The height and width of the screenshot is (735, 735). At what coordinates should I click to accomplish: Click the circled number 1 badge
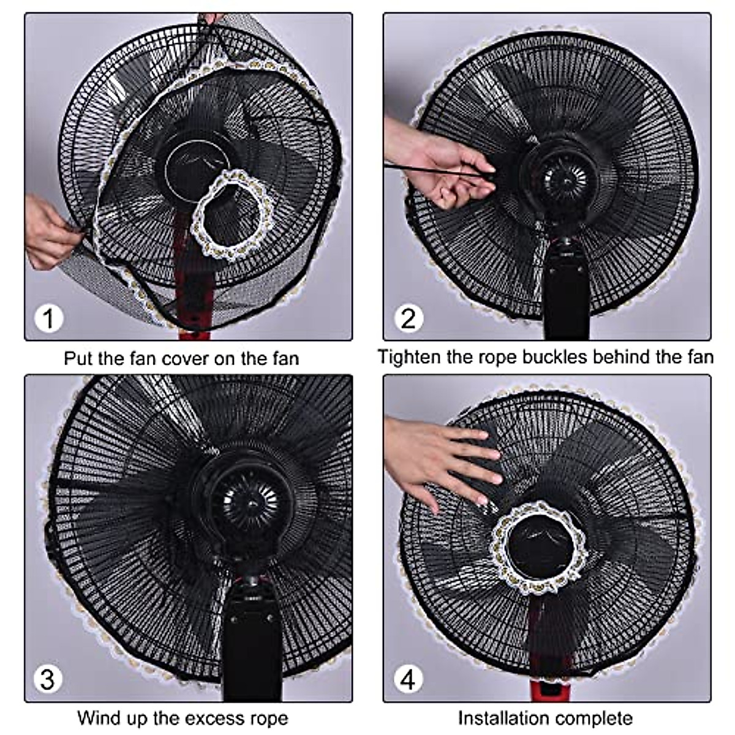(48, 318)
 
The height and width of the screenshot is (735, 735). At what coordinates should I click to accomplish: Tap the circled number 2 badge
(408, 318)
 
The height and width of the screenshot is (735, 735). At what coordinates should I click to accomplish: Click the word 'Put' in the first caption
(78, 358)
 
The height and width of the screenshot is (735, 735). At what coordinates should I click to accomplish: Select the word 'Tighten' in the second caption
(409, 356)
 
